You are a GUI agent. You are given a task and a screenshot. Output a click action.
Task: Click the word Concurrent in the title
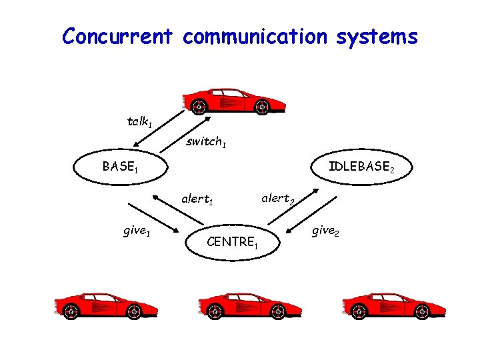click(118, 36)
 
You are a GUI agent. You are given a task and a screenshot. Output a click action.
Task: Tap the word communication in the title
click(255, 36)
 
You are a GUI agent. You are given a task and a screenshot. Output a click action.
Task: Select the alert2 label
click(278, 198)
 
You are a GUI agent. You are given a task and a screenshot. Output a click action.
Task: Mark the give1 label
click(136, 232)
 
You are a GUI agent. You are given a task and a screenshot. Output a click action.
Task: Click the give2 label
click(326, 231)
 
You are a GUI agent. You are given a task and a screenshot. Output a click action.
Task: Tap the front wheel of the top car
click(199, 106)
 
